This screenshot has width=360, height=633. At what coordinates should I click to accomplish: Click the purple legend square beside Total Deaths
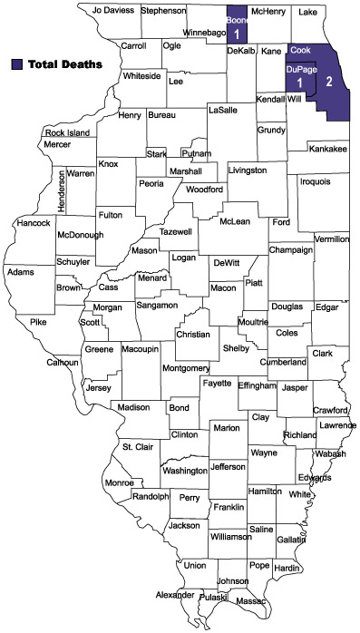tap(17, 64)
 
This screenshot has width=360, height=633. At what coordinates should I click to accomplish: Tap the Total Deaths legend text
tap(63, 64)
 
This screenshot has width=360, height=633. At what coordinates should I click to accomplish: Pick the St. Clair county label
tap(139, 447)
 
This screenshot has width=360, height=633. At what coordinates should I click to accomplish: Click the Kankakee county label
tap(328, 149)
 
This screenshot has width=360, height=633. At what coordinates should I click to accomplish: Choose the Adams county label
tap(19, 272)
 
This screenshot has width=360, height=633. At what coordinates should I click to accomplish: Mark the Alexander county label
tap(174, 595)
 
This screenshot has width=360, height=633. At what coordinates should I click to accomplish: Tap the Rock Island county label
tap(68, 133)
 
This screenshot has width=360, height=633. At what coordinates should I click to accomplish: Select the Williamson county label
tap(231, 537)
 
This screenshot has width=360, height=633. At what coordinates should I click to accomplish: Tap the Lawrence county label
tap(336, 425)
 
